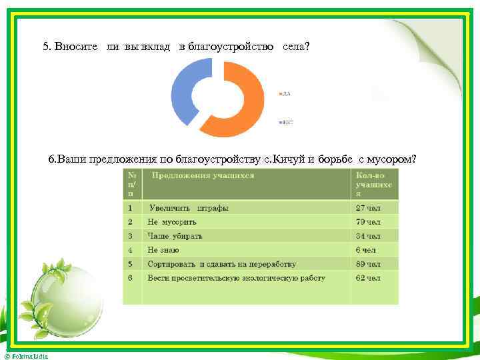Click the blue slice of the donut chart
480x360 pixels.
tap(182, 87)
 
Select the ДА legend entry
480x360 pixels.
tap(286, 94)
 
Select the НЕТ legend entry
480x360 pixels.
tap(287, 122)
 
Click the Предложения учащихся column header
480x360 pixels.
tap(203, 176)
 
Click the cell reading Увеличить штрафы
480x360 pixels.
tap(189, 208)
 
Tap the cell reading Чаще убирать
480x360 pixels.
tap(175, 236)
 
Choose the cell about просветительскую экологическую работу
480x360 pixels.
tap(236, 278)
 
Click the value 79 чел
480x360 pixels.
tap(368, 222)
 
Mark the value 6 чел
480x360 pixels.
tap(365, 250)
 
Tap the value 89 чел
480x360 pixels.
tap(368, 264)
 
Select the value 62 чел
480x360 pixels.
tap(368, 278)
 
